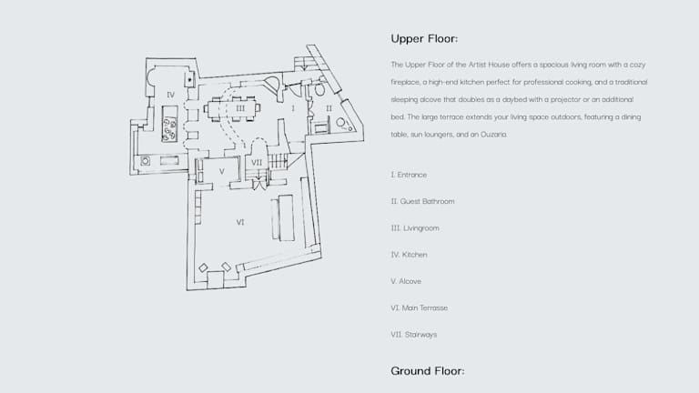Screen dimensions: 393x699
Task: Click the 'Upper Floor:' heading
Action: [423, 39]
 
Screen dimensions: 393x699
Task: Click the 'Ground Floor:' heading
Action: [428, 371]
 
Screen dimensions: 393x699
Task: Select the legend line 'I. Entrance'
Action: [409, 175]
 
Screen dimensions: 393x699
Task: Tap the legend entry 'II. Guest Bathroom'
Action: [422, 201]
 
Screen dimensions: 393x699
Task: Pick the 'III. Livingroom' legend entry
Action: [415, 227]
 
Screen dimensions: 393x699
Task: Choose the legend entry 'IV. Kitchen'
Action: [409, 255]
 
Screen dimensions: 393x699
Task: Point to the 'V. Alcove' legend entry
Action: [406, 281]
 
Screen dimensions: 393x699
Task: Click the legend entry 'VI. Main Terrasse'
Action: [419, 307]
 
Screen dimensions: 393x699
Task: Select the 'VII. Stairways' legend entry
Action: [414, 335]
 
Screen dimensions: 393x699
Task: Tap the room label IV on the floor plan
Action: [170, 94]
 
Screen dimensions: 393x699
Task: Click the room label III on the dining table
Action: [240, 108]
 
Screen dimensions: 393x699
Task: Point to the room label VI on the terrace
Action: [240, 221]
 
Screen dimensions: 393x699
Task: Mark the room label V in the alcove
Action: [221, 170]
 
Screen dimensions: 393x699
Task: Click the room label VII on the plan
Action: [257, 163]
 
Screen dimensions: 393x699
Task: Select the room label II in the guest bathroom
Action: [329, 107]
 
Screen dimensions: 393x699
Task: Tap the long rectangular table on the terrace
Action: [286, 217]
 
